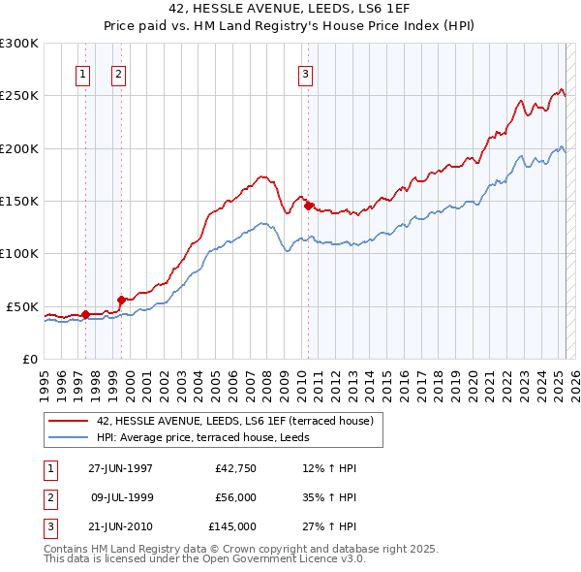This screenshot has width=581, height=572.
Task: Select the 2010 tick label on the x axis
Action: (x=300, y=377)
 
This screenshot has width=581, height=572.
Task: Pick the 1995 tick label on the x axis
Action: (x=45, y=377)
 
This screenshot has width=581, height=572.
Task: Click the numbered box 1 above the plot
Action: (x=82, y=75)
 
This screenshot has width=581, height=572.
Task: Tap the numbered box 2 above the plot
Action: (x=118, y=75)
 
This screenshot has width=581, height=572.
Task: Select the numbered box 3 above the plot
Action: (x=305, y=75)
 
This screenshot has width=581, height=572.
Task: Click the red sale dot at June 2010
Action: (x=309, y=206)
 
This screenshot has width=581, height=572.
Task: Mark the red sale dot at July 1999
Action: (x=121, y=300)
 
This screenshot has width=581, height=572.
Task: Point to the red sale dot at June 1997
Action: (x=85, y=314)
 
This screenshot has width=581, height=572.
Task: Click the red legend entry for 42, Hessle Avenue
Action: (x=228, y=421)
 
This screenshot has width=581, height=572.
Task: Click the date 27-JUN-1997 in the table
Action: (x=120, y=468)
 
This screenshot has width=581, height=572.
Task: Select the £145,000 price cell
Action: (x=232, y=526)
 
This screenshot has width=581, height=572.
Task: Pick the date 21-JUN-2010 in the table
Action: (x=120, y=526)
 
